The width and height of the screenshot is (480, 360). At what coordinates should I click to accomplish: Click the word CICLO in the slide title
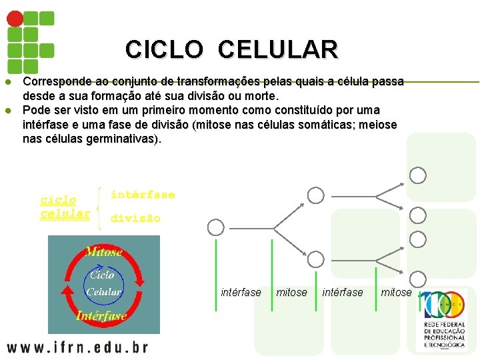coord(163,49)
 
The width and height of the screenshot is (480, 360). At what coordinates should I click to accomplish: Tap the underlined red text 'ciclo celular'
coord(65,207)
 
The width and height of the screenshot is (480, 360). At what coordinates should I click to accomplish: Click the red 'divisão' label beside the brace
coord(135,218)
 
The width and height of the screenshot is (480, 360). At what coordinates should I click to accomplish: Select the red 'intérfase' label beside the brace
coord(143,195)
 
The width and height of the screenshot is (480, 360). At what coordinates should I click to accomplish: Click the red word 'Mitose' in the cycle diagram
coord(103,252)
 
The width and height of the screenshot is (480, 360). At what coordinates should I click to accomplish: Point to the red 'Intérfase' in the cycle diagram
coord(101,315)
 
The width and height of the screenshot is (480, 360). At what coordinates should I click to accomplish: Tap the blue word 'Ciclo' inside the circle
coord(101,275)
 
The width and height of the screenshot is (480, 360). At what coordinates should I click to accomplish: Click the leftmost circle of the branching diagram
coord(215,227)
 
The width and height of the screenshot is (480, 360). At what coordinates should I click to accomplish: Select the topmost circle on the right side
coord(418,175)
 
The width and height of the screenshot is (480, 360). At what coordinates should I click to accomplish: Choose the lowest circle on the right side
coord(418,279)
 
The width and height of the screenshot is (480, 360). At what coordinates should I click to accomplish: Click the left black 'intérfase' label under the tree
coord(241,293)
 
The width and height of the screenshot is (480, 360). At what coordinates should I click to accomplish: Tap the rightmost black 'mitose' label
coord(396,293)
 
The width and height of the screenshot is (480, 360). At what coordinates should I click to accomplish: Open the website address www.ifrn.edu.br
coord(77,347)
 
